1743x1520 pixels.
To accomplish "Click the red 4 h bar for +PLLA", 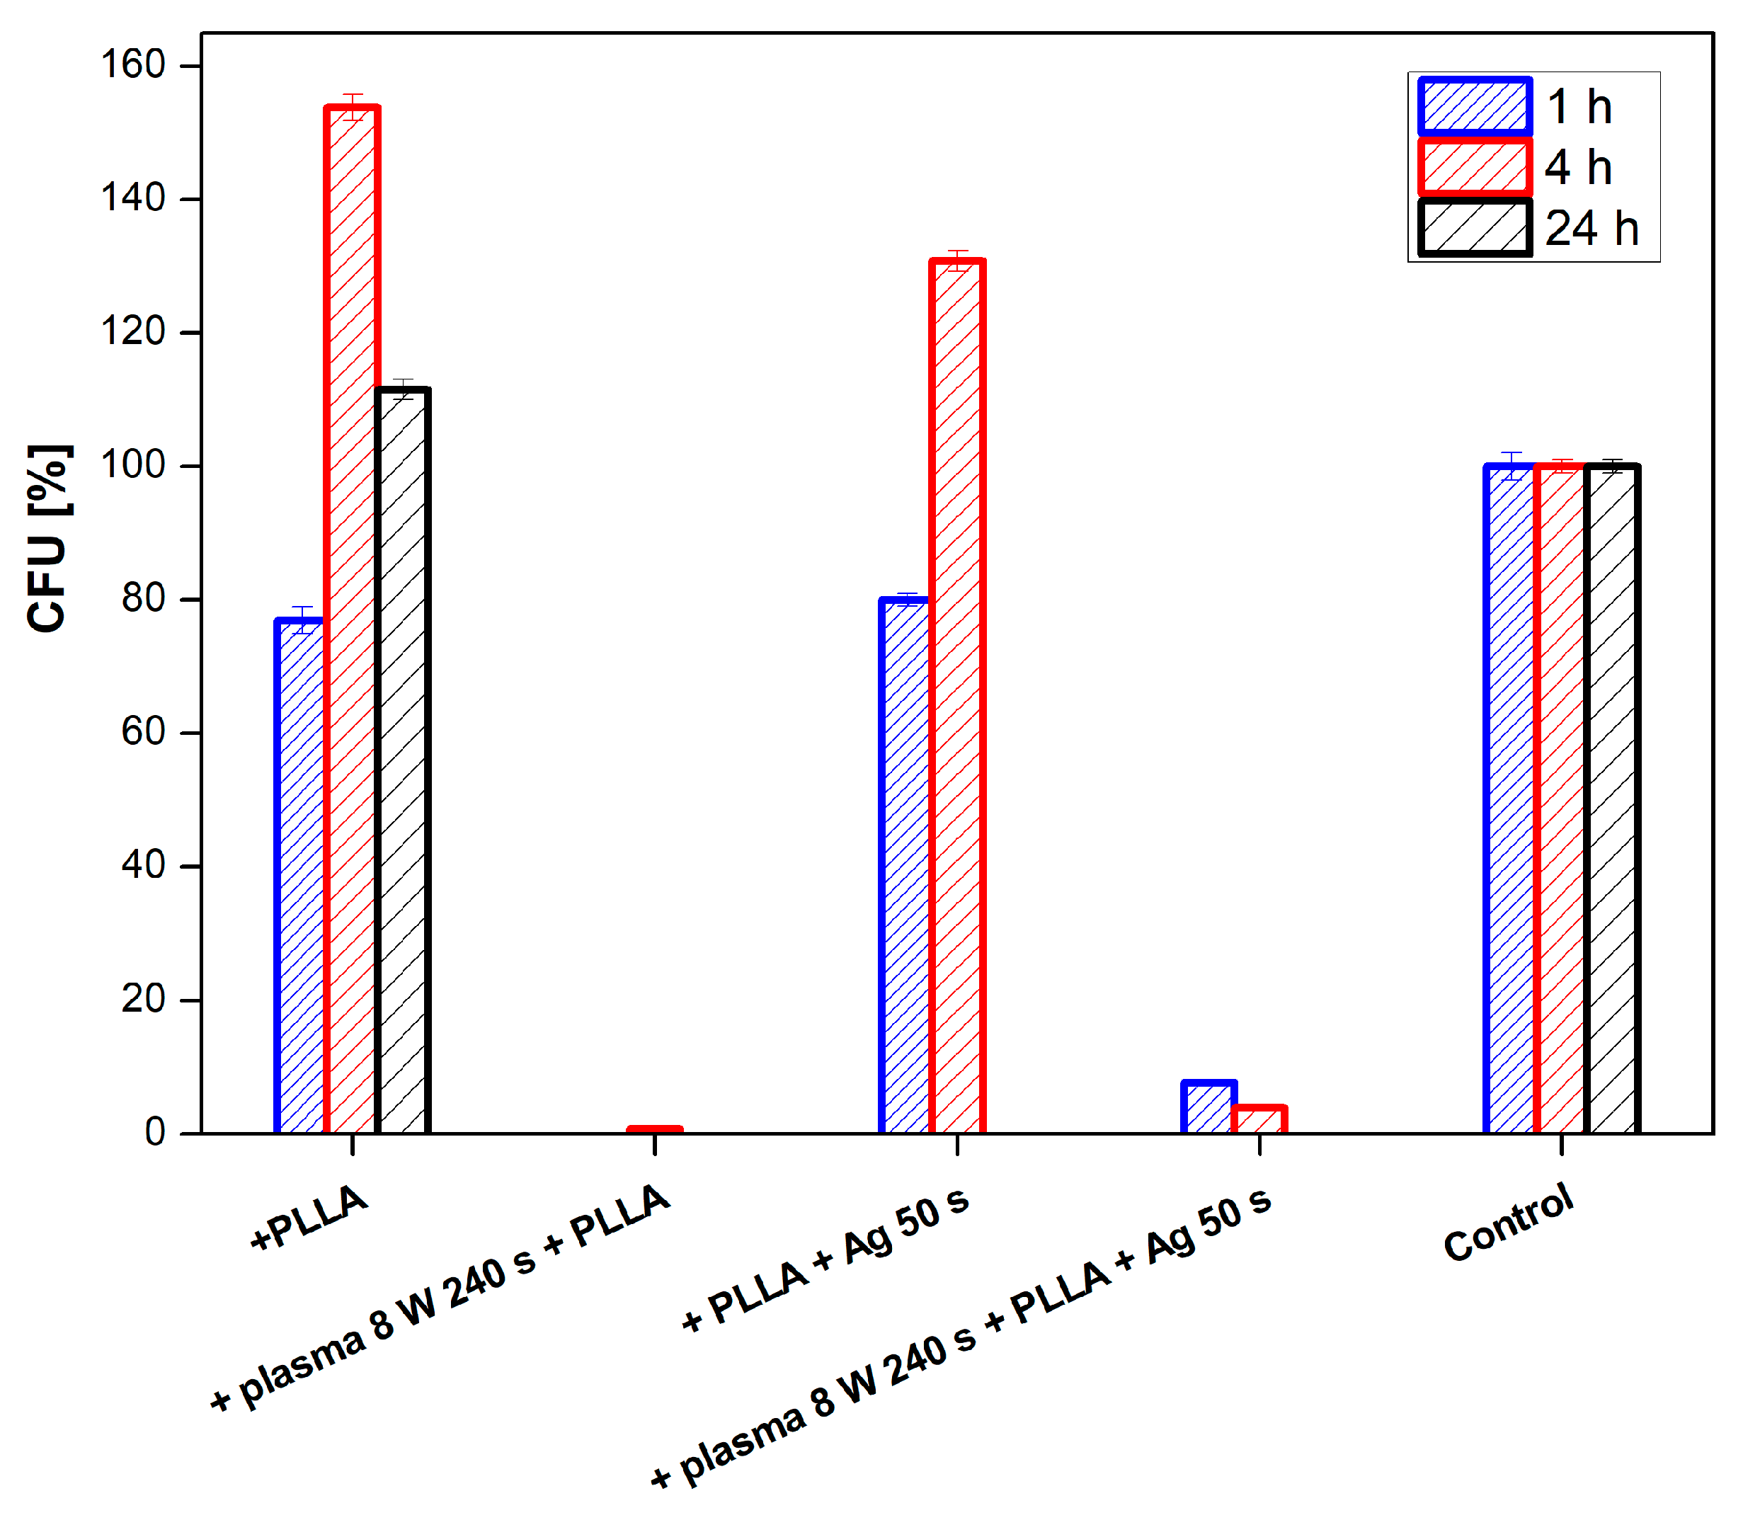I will (x=352, y=619).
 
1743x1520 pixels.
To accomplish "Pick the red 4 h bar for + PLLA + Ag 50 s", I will (x=956, y=695).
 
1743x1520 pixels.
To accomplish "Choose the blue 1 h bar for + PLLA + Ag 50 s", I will (x=905, y=865).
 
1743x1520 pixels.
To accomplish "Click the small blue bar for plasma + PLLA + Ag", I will (x=1208, y=1107).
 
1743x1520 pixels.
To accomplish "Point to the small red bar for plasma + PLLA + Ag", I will (x=1259, y=1119).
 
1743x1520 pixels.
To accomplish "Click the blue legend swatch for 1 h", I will (x=1475, y=107).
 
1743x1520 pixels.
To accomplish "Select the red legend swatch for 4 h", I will (x=1475, y=167).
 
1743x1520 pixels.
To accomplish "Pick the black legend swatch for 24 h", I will (x=1475, y=227).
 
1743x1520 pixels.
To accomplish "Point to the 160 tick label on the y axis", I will (x=132, y=65).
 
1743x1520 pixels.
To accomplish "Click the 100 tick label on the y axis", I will (x=132, y=466).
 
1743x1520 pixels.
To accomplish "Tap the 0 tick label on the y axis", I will (x=154, y=1132).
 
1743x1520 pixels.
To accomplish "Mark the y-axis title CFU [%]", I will (x=48, y=539).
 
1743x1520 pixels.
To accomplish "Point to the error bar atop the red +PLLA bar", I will (x=352, y=107).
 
